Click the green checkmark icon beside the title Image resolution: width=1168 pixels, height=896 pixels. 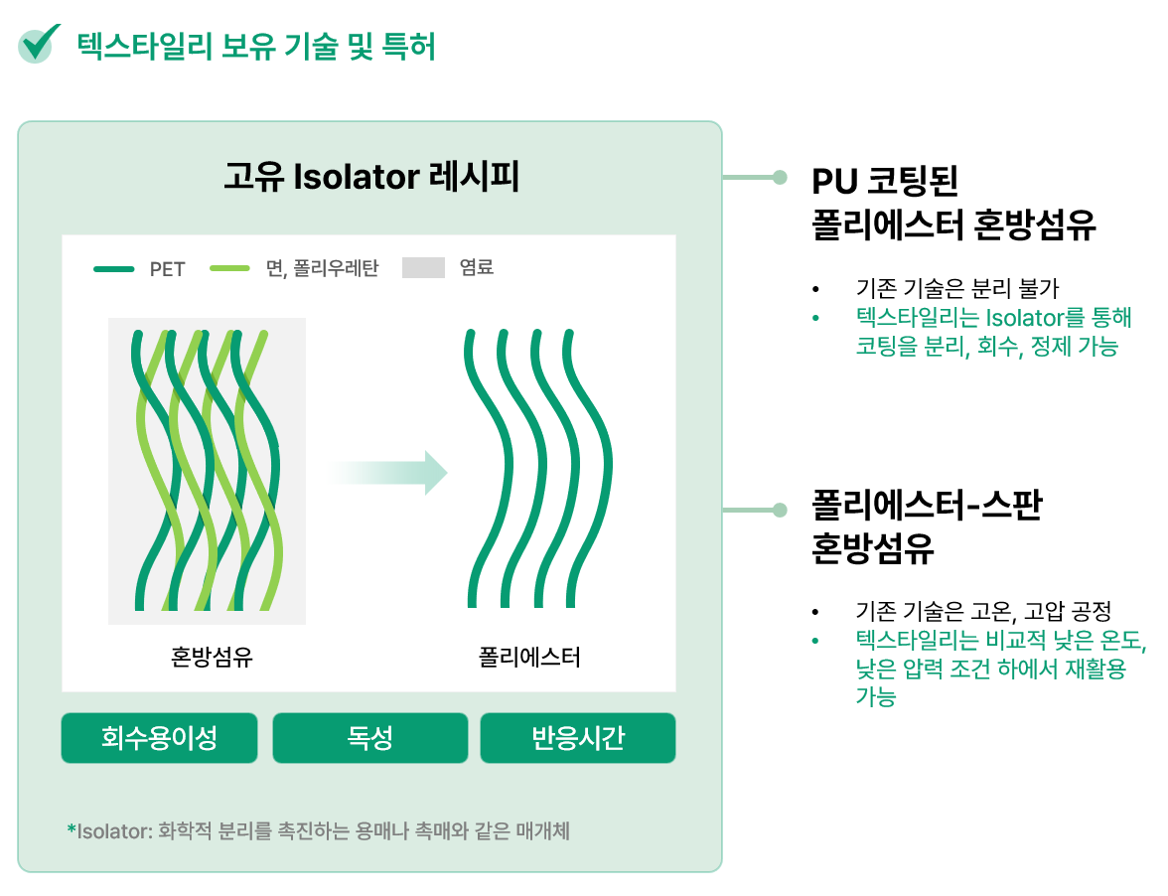pos(38,44)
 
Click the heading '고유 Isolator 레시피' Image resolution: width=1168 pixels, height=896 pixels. pos(371,177)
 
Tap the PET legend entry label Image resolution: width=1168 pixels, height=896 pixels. pos(167,269)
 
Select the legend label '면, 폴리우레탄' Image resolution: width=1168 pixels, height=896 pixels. pos(322,268)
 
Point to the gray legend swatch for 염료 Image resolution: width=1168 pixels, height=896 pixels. pos(423,267)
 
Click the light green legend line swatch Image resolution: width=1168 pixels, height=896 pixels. pos(229,268)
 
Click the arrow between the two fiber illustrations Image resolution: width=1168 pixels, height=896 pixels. pos(388,472)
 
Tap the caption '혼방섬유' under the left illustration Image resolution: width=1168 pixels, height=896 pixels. pos(212,657)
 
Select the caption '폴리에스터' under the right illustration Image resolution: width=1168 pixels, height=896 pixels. pos(528,657)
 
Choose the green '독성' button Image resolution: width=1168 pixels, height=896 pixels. pos(370,737)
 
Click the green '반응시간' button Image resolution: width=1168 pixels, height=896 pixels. pos(578,737)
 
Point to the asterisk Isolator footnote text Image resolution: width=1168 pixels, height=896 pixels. pos(319,830)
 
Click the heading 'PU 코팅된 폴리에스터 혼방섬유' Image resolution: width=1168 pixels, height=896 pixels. pos(953,203)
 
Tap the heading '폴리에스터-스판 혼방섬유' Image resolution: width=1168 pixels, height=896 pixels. pos(927,526)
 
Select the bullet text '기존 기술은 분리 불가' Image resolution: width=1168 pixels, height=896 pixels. pos(957,287)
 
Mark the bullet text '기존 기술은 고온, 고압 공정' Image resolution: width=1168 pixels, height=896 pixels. pos(983,611)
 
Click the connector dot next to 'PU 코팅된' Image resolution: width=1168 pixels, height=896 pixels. pos(780,177)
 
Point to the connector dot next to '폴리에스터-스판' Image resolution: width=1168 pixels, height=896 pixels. pos(780,511)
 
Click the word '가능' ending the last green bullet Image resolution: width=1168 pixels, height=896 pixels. pos(875,697)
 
